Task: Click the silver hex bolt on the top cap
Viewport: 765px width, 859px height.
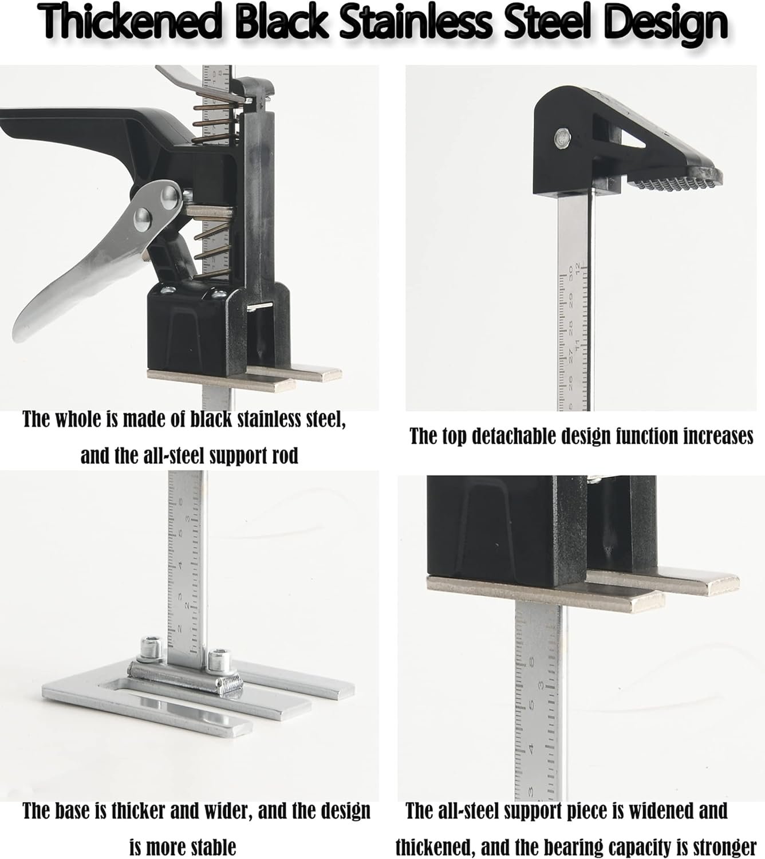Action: pos(562,137)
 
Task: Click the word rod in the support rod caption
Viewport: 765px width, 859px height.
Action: pos(283,455)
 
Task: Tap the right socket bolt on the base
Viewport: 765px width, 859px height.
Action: pos(219,659)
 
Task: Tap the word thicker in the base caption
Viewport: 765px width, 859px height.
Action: pos(138,810)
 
